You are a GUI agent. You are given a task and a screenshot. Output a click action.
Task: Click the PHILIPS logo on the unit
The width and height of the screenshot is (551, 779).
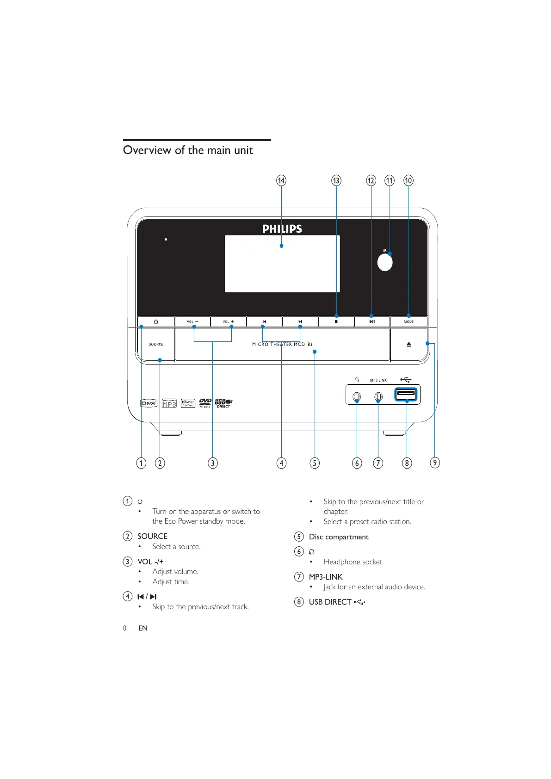282,229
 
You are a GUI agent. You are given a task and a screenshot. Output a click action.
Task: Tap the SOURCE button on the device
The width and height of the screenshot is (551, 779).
156,344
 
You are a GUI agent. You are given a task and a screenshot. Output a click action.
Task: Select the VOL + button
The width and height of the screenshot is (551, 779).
229,321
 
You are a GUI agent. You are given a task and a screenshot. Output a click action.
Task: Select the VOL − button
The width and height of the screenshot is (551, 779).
192,321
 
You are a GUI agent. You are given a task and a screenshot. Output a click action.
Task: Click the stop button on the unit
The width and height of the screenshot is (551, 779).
336,321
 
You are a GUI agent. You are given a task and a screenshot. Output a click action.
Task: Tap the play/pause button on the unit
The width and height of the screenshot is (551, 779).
372,321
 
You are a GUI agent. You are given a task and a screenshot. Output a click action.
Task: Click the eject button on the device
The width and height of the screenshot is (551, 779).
409,345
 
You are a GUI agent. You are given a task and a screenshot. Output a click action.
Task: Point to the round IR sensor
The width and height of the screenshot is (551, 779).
385,263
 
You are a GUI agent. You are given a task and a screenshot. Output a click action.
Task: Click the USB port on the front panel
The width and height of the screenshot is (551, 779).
406,395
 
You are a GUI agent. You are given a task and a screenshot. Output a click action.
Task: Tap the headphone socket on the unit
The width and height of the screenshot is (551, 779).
357,397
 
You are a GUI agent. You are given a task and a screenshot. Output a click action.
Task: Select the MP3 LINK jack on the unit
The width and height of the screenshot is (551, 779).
378,397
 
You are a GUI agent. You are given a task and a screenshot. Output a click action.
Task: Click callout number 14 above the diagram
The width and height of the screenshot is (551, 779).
281,180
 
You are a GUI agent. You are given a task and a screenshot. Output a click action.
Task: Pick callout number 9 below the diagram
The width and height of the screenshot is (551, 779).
435,463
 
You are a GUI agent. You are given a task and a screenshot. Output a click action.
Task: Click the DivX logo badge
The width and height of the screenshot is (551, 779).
149,403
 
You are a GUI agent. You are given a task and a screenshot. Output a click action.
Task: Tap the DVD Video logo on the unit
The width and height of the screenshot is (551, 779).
205,403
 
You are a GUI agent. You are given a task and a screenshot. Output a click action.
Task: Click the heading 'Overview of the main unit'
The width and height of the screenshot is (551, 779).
188,150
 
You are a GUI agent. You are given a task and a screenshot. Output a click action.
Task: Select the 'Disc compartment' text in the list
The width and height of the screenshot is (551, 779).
339,537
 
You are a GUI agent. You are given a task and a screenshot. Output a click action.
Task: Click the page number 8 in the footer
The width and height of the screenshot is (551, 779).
124,628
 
